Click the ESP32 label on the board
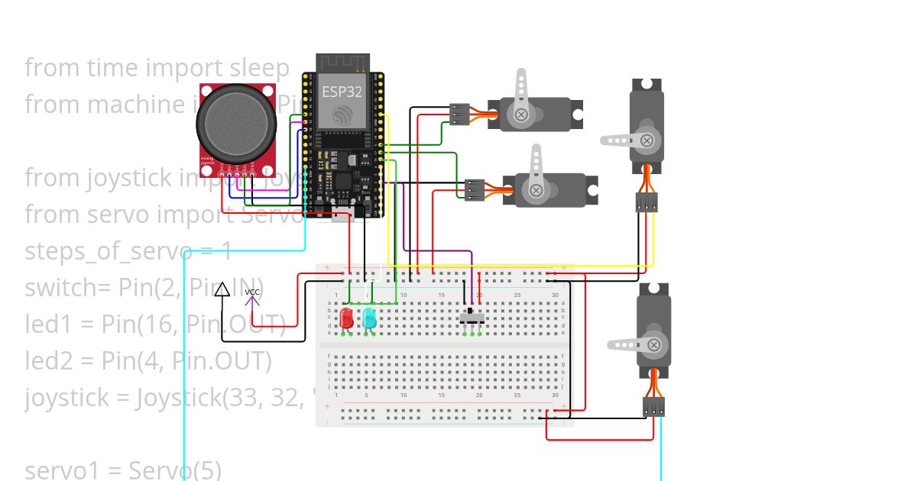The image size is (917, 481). (x=342, y=92)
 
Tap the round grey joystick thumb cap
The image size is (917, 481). (x=236, y=121)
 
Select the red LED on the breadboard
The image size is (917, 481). (x=346, y=318)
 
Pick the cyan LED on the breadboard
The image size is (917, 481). (x=369, y=318)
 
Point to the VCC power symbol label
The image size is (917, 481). (x=252, y=292)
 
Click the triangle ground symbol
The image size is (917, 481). (x=222, y=289)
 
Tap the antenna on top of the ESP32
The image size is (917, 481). (x=343, y=61)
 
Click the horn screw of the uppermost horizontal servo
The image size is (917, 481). (x=522, y=115)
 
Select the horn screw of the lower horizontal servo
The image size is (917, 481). (x=536, y=190)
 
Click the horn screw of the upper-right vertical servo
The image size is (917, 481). (x=646, y=140)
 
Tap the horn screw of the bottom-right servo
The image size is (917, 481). (x=654, y=345)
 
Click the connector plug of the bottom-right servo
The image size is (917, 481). (x=653, y=406)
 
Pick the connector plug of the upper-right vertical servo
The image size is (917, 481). (x=646, y=202)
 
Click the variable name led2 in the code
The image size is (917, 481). (x=48, y=360)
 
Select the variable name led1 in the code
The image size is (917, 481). (x=48, y=324)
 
